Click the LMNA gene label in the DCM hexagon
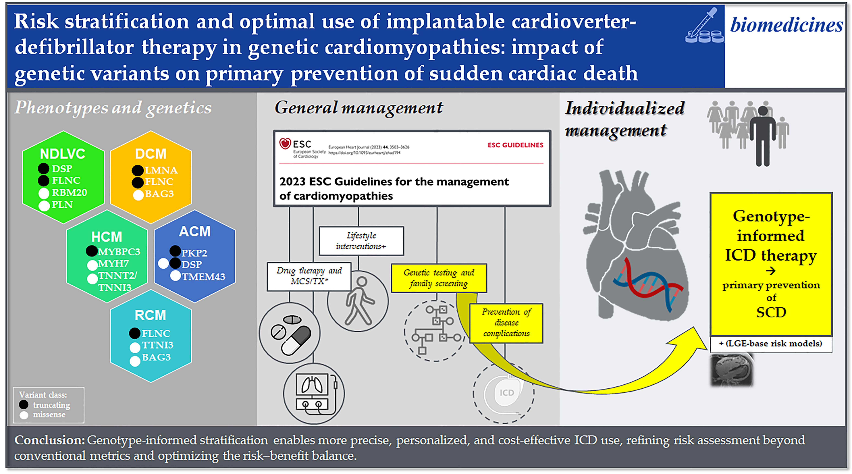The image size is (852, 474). (161, 170)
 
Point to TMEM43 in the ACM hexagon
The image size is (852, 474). (203, 276)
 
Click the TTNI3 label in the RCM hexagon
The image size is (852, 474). (158, 345)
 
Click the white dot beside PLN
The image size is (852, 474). (44, 206)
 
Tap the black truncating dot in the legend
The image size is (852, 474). (24, 404)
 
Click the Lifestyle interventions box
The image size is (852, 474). (361, 241)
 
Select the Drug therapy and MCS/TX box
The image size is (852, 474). (309, 276)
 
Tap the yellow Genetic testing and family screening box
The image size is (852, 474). (439, 278)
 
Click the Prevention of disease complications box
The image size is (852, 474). (506, 323)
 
